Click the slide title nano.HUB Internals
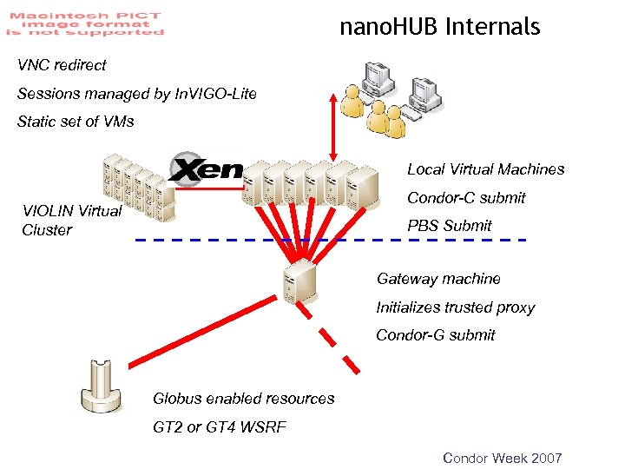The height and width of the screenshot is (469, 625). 439,27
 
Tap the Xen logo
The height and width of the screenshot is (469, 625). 207,168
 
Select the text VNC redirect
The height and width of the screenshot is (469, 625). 62,65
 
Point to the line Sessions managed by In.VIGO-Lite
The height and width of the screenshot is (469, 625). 137,94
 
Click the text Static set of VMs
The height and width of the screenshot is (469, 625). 76,122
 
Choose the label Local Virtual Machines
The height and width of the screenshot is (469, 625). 485,169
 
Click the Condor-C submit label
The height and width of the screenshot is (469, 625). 466,198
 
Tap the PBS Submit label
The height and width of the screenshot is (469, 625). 449,226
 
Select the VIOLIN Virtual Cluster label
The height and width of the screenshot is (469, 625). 71,221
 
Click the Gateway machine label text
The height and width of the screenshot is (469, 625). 438,279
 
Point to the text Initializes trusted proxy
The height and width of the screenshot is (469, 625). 455,307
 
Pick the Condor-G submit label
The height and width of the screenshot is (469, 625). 435,335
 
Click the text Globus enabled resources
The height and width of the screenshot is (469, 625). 243,399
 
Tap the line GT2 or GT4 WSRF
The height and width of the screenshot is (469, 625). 219,426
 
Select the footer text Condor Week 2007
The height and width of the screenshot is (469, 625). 503,458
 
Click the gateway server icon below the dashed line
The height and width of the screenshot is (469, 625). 298,281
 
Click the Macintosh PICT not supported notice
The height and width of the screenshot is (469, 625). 85,21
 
